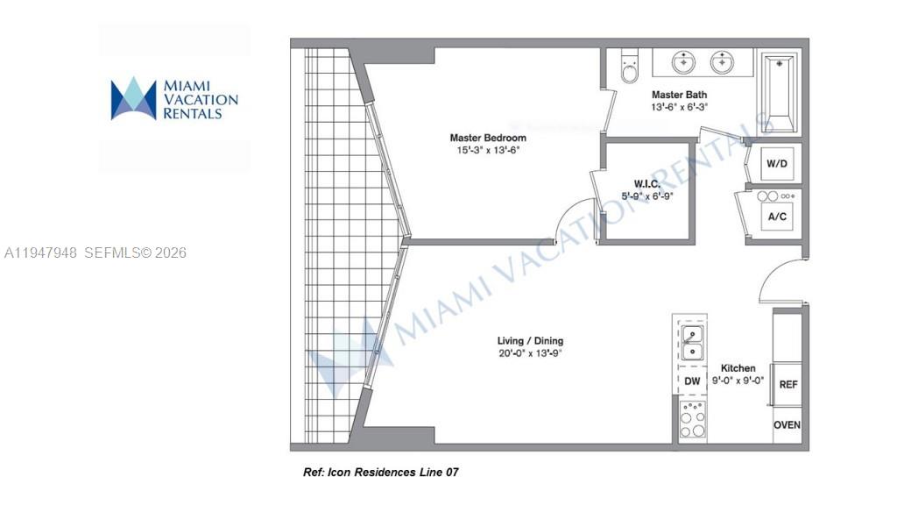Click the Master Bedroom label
pyautogui.click(x=488, y=138)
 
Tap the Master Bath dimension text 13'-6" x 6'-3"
pyautogui.click(x=679, y=107)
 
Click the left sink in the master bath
pyautogui.click(x=684, y=62)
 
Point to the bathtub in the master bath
pyautogui.click(x=779, y=91)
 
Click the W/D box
pyautogui.click(x=776, y=163)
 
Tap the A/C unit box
pyautogui.click(x=776, y=216)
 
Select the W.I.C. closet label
pyautogui.click(x=646, y=183)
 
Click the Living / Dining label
pyautogui.click(x=531, y=341)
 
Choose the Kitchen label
pyautogui.click(x=738, y=368)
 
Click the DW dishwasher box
pyautogui.click(x=692, y=381)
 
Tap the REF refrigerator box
pyautogui.click(x=788, y=384)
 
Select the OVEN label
pyautogui.click(x=787, y=425)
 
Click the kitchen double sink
pyautogui.click(x=692, y=343)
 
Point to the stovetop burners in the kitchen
pyautogui.click(x=693, y=419)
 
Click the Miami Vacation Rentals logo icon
pyautogui.click(x=133, y=98)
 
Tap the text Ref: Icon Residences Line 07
pyautogui.click(x=380, y=473)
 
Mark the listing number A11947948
pyautogui.click(x=42, y=252)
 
